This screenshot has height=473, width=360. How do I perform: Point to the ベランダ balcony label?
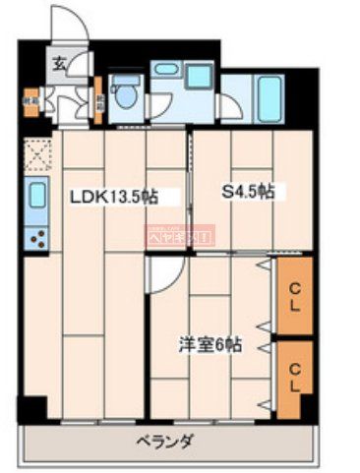164,441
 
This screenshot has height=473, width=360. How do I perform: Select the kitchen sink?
36,195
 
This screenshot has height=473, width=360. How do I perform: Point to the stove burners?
36,237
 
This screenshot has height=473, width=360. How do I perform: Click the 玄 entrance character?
59,68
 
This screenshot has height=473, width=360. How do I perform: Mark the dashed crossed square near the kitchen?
37,155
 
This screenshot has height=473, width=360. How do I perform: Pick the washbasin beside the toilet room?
166,72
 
